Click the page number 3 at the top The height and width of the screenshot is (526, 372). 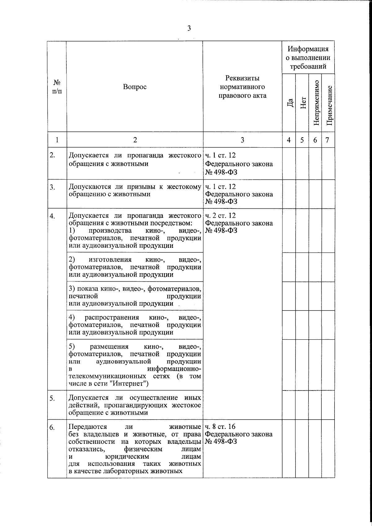point(189,29)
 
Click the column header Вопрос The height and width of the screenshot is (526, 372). point(135,87)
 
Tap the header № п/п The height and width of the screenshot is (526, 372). point(57,87)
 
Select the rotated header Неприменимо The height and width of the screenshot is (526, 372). point(316,103)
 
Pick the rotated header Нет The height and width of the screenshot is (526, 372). point(303,103)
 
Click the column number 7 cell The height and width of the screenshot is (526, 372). point(327,140)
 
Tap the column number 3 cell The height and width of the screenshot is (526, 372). point(242,140)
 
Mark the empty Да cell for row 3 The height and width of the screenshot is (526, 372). point(289,194)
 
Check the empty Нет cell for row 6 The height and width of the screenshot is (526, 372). point(302,448)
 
